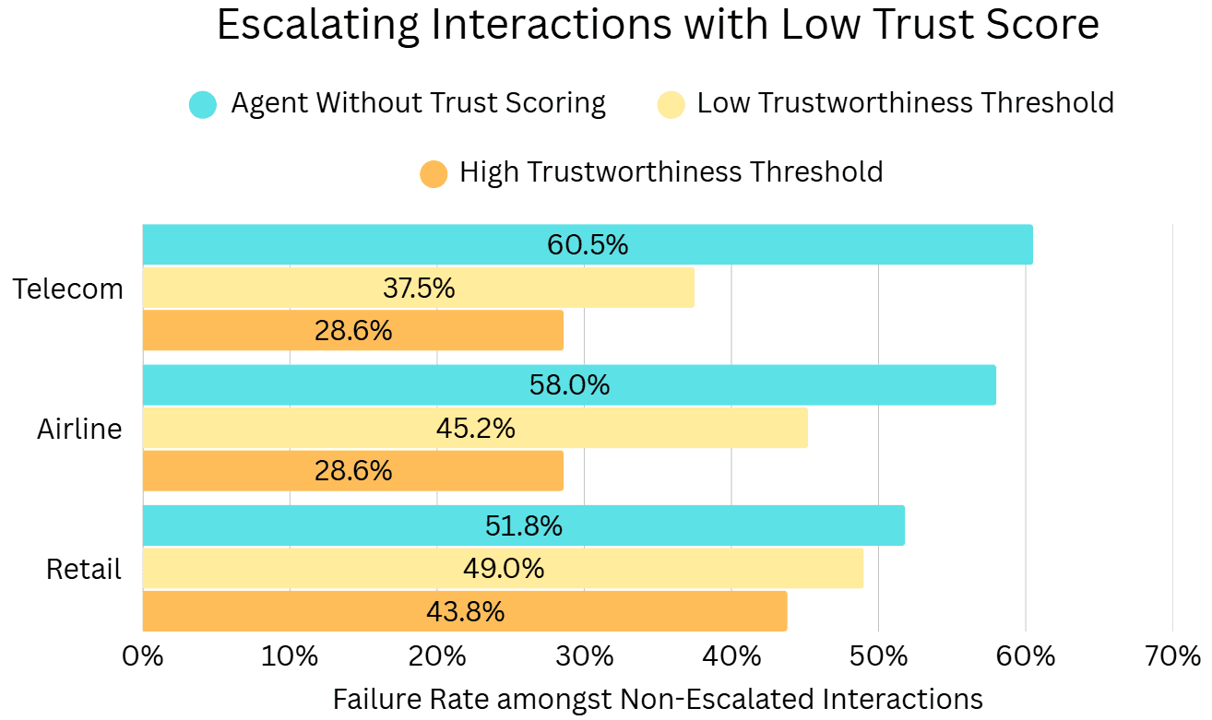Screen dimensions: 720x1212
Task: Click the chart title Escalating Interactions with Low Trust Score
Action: [x=657, y=26]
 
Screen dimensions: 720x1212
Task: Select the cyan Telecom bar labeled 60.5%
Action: [x=588, y=245]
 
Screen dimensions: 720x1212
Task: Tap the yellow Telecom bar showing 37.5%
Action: [x=418, y=288]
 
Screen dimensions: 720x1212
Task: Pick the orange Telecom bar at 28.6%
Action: [x=352, y=331]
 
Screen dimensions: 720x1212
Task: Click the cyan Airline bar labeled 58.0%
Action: [x=569, y=384]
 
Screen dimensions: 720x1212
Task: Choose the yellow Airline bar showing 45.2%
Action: [x=475, y=428]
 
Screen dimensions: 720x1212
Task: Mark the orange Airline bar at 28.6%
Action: [x=352, y=471]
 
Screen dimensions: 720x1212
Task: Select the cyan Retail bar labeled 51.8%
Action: [x=523, y=525]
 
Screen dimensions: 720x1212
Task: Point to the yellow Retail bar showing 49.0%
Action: [x=503, y=569]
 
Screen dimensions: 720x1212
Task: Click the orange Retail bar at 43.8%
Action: [x=465, y=611]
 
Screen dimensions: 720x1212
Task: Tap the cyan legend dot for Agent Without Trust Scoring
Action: [x=203, y=104]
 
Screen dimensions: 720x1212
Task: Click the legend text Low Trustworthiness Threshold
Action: [x=905, y=102]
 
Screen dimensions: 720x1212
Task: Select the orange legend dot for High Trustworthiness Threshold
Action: [x=434, y=173]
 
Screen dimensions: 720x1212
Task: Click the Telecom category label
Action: [x=68, y=289]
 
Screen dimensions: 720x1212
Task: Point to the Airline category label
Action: [x=79, y=429]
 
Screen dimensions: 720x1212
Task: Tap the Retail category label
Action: [x=84, y=570]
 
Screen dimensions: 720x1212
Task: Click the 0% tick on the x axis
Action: [x=143, y=656]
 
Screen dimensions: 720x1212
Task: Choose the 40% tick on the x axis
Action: [x=731, y=656]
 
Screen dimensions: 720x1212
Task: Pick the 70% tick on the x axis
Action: [x=1171, y=656]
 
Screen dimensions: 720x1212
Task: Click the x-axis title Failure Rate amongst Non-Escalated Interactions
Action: [x=657, y=699]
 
